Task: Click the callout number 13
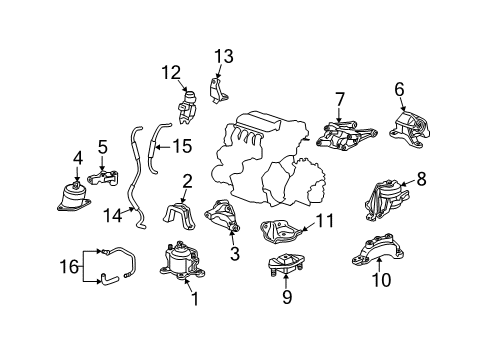pyautogui.click(x=223, y=56)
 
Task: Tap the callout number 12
pyautogui.click(x=171, y=73)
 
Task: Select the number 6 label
pyautogui.click(x=399, y=89)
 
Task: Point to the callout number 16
pyautogui.click(x=69, y=267)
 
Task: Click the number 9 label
pyautogui.click(x=287, y=296)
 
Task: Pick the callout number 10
pyautogui.click(x=381, y=280)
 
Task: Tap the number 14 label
pyautogui.click(x=113, y=215)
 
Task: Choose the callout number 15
pyautogui.click(x=182, y=146)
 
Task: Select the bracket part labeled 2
pyautogui.click(x=179, y=217)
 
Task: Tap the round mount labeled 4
pyautogui.click(x=74, y=197)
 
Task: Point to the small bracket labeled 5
pyautogui.click(x=103, y=178)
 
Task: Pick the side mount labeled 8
pyautogui.click(x=386, y=200)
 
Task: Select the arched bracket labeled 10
pyautogui.click(x=378, y=251)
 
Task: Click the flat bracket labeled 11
pyautogui.click(x=280, y=232)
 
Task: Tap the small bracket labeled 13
pyautogui.click(x=218, y=91)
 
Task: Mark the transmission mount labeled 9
pyautogui.click(x=287, y=264)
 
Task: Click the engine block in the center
pyautogui.click(x=267, y=159)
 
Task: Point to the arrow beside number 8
pyautogui.click(x=408, y=183)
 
